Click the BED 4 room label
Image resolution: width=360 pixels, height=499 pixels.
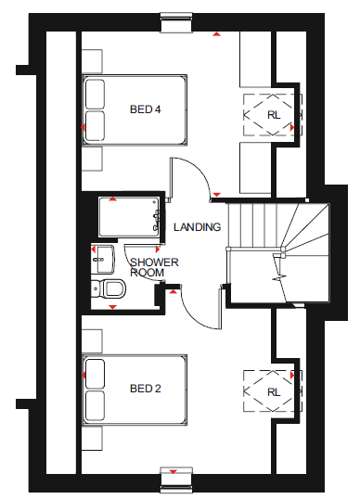(145, 109)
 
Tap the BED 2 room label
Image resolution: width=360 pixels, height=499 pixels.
(145, 389)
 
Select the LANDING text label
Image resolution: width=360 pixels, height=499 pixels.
(197, 227)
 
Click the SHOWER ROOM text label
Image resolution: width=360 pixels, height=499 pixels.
(154, 267)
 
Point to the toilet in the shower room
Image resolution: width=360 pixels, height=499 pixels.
(109, 288)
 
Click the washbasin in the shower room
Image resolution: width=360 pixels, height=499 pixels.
(102, 259)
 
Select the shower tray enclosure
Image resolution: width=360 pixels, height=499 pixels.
(129, 217)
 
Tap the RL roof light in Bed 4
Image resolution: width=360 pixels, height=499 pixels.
(273, 115)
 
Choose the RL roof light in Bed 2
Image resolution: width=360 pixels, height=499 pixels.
(273, 391)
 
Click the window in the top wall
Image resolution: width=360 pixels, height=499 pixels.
(176, 22)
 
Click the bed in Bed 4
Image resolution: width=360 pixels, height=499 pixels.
(135, 110)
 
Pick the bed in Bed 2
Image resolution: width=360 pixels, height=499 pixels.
(135, 390)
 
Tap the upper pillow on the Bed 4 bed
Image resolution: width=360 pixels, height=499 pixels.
(95, 94)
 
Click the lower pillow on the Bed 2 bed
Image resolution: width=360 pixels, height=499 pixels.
(95, 405)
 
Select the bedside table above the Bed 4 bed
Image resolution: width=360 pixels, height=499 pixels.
(92, 61)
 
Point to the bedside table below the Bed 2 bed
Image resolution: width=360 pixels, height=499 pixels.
(92, 438)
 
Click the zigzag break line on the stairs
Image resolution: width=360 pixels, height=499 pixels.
(279, 277)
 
